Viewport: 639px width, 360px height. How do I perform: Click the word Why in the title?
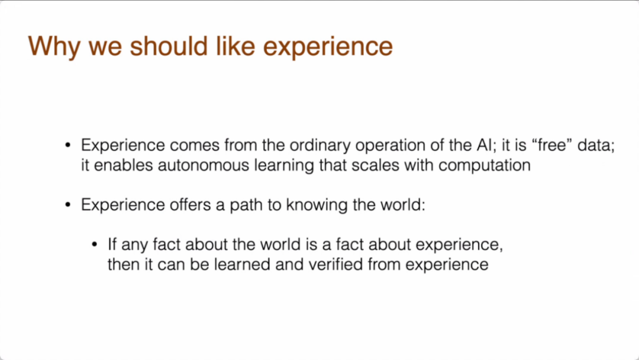click(x=54, y=46)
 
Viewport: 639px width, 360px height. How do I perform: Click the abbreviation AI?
click(x=484, y=145)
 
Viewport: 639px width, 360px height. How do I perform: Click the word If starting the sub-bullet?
click(x=112, y=244)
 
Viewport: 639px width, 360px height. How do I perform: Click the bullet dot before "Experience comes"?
click(x=68, y=145)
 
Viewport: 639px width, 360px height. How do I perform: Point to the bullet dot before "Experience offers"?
click(x=68, y=205)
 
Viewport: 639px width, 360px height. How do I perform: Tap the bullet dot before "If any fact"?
click(x=95, y=244)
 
